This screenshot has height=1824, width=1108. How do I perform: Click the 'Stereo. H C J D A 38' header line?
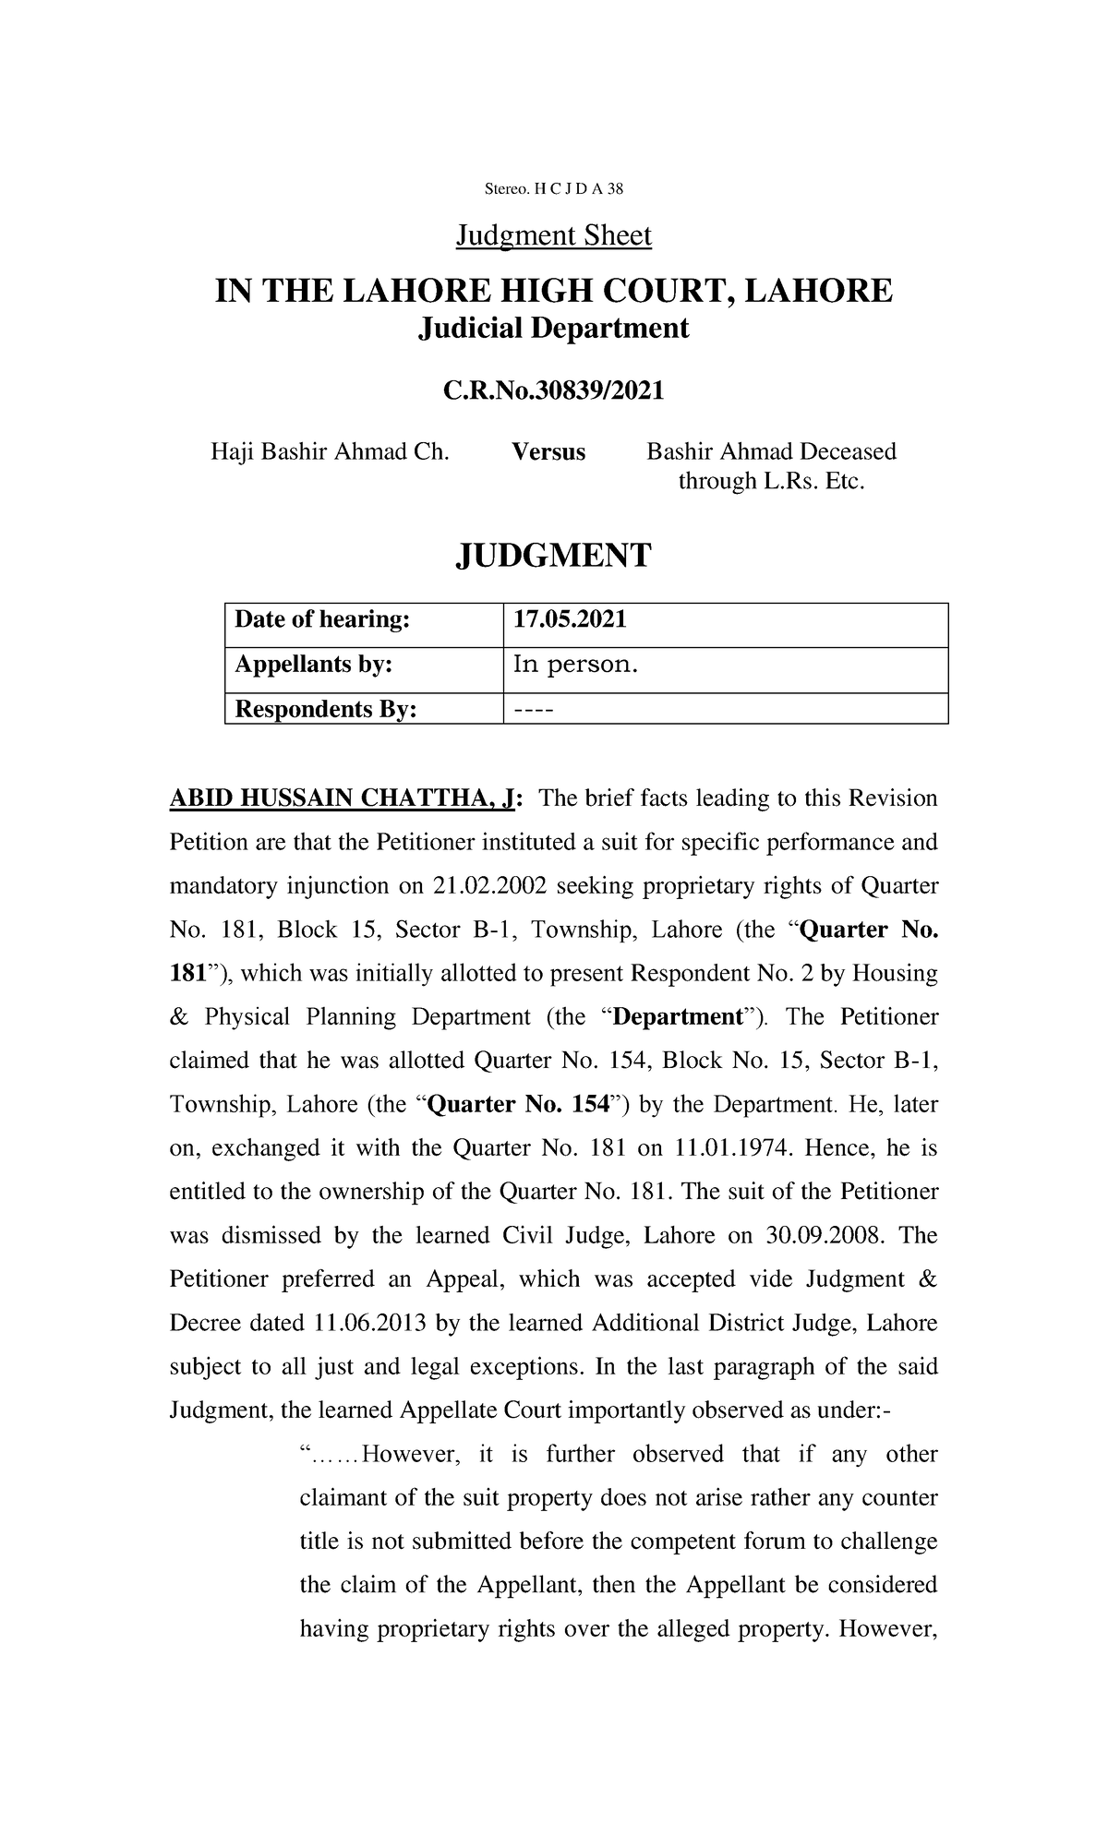pyautogui.click(x=554, y=189)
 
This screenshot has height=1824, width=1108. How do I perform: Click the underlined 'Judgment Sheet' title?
pyautogui.click(x=554, y=236)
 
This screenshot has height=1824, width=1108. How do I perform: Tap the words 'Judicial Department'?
pyautogui.click(x=554, y=328)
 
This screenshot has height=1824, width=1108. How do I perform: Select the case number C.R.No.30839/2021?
pyautogui.click(x=554, y=391)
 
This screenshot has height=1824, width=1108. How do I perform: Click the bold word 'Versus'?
pyautogui.click(x=548, y=452)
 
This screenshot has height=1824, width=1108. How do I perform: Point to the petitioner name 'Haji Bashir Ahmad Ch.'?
pyautogui.click(x=330, y=452)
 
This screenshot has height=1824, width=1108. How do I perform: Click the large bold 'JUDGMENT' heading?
pyautogui.click(x=554, y=555)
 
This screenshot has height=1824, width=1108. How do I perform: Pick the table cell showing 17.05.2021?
pyautogui.click(x=570, y=619)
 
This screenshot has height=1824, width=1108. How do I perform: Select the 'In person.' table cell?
pyautogui.click(x=575, y=665)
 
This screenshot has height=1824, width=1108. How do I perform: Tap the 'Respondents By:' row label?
pyautogui.click(x=326, y=709)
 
